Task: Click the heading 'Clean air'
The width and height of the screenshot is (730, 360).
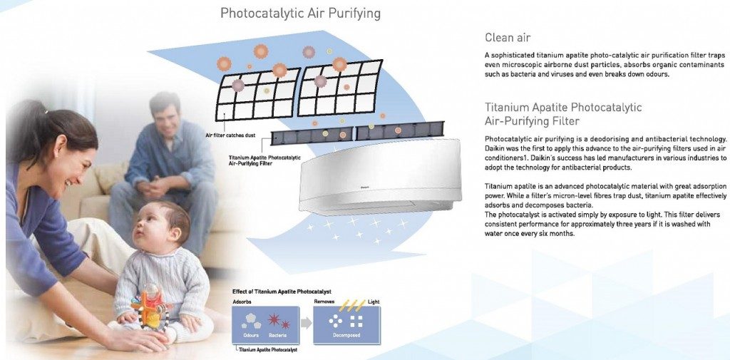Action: click(x=508, y=37)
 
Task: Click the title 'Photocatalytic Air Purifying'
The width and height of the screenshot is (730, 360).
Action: click(x=300, y=13)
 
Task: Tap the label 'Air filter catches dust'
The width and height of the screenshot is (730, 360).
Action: click(x=230, y=135)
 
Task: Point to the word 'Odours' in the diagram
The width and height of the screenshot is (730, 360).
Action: click(x=251, y=335)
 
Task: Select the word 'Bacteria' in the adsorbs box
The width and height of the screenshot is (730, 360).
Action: click(x=278, y=335)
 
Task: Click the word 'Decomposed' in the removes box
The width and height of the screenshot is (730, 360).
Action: click(x=346, y=335)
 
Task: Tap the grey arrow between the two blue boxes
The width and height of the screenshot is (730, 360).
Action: click(x=306, y=323)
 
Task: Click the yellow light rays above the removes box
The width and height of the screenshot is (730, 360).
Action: click(x=353, y=306)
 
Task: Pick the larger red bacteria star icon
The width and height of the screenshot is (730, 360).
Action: click(x=274, y=319)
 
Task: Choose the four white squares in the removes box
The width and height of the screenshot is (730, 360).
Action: click(x=356, y=321)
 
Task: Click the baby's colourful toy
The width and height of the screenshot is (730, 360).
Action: click(x=150, y=308)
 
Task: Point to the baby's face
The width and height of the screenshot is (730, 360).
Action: click(x=150, y=227)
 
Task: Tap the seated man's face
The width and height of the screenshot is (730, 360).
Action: click(x=165, y=118)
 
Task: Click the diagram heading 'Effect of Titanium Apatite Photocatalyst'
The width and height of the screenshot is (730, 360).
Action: click(x=282, y=292)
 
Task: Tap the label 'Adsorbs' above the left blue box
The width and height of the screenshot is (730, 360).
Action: click(x=242, y=302)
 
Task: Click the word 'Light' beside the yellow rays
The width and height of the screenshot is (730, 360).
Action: click(x=374, y=302)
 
